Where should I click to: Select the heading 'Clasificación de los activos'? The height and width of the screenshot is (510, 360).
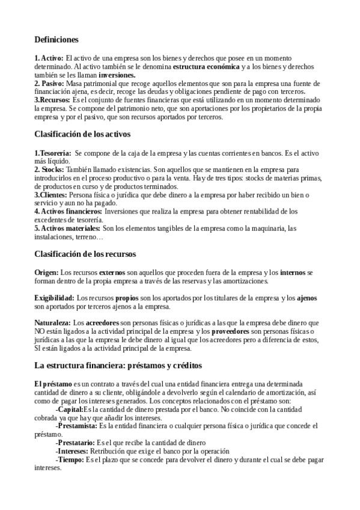pyautogui.click(x=82, y=134)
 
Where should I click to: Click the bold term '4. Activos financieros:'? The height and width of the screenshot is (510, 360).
pyautogui.click(x=68, y=212)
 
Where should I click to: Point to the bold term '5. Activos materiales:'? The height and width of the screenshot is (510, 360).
pyautogui.click(x=67, y=229)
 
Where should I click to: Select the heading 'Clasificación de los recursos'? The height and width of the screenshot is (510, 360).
pyautogui.click(x=85, y=254)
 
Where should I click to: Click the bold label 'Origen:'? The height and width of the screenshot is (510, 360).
pyautogui.click(x=47, y=272)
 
